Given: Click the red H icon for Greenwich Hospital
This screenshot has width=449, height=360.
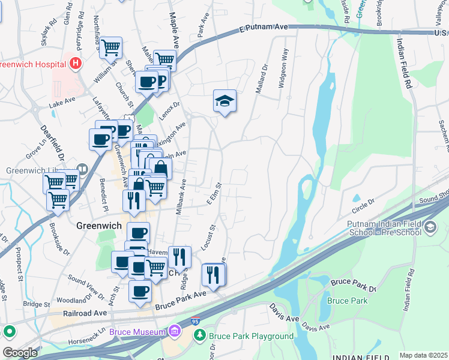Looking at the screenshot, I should click(x=76, y=62).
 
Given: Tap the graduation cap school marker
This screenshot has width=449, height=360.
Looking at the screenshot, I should click(x=224, y=101).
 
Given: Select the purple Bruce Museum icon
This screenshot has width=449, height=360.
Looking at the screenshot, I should click(x=175, y=331).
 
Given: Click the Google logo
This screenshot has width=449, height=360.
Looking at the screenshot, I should click(x=20, y=353).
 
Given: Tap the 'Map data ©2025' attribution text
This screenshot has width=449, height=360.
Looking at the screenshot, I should click(x=423, y=355).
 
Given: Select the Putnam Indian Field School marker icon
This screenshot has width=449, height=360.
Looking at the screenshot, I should click(x=430, y=227).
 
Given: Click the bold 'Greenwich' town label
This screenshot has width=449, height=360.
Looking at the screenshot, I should click(x=100, y=226).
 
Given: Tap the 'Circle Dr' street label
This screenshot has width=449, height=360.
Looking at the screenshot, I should click(x=363, y=209).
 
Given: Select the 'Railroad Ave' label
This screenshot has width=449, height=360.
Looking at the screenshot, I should click(x=85, y=313).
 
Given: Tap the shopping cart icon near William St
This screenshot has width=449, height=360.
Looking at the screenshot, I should click(x=110, y=47).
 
